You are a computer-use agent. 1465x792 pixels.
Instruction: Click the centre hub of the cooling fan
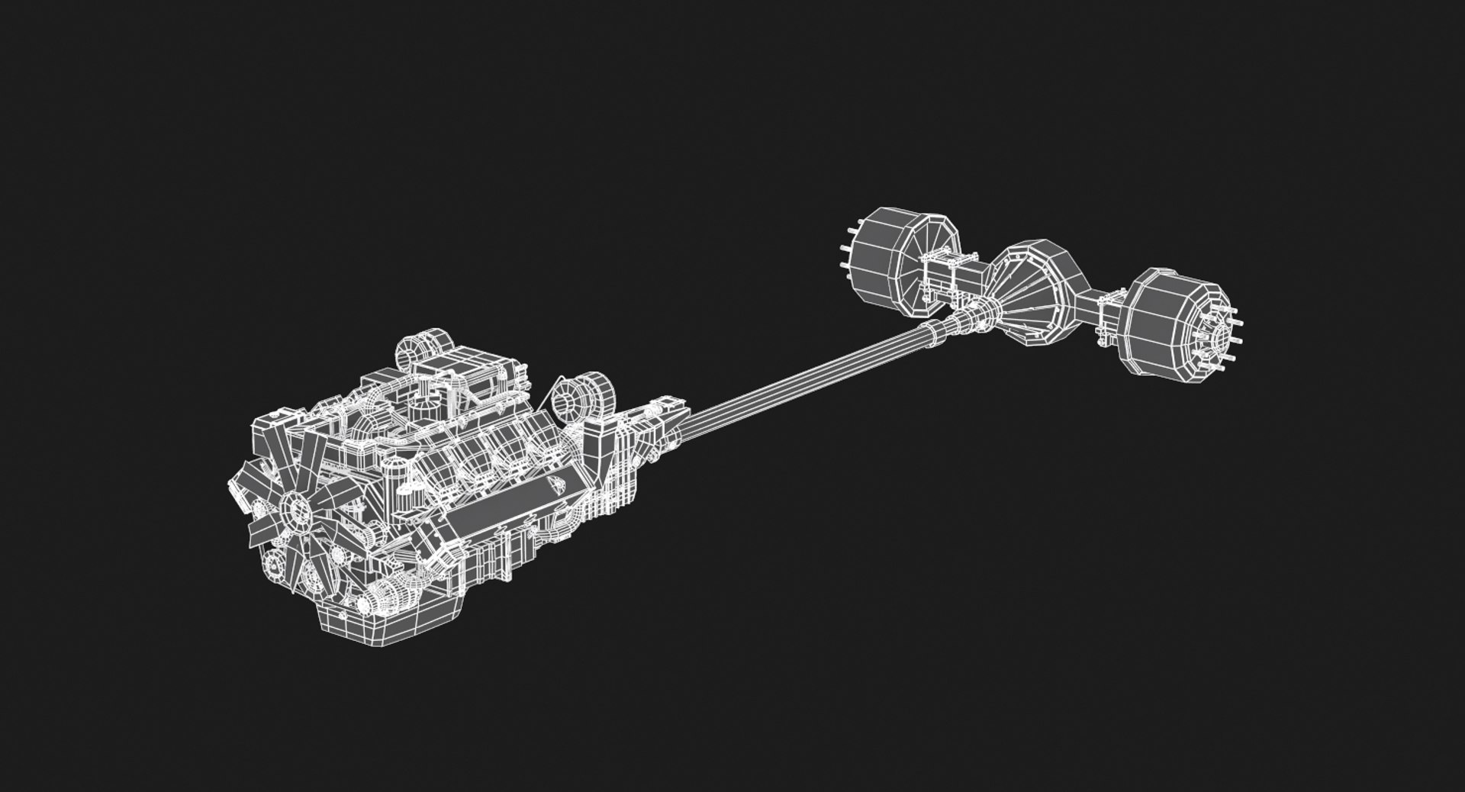click(295, 508)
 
